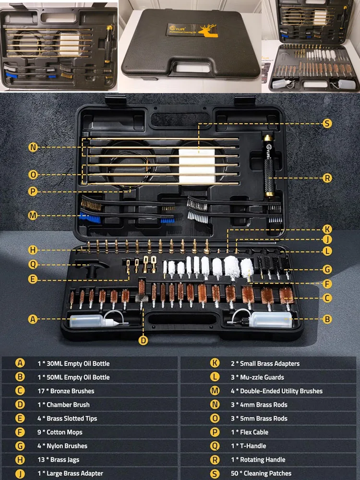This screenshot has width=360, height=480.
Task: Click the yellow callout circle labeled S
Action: point(327,123)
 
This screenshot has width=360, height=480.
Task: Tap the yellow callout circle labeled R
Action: point(327,178)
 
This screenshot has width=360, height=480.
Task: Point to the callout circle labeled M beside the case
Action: point(33,216)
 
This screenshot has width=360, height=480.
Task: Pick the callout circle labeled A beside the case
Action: point(33,319)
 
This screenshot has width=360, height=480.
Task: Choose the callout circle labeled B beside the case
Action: point(327,319)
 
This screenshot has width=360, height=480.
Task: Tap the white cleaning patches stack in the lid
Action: point(197,166)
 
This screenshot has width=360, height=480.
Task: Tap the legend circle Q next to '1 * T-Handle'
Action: point(215,446)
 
